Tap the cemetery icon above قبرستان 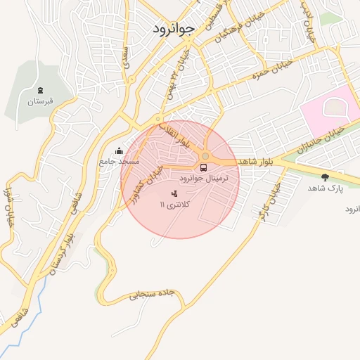click(x=40, y=90)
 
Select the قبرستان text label click(x=40, y=102)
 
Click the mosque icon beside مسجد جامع click(x=118, y=150)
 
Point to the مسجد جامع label click(x=119, y=161)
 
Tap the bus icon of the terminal click(x=203, y=167)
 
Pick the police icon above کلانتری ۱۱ click(x=174, y=193)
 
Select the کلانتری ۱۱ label click(x=174, y=204)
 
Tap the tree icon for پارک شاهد click(x=324, y=177)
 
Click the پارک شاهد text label click(x=324, y=188)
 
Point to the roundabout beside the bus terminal click(x=205, y=156)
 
